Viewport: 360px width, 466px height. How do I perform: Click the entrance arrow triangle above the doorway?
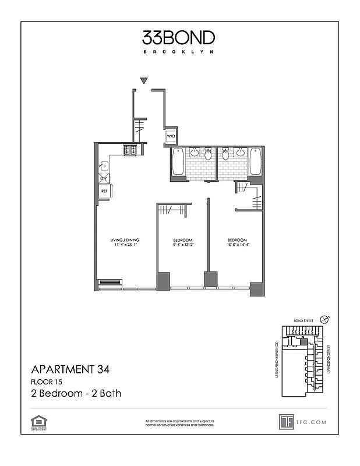point(144,80)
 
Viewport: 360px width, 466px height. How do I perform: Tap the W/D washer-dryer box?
point(171,137)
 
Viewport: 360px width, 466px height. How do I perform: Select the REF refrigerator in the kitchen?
point(104,190)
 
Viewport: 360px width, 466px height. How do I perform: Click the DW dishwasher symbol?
point(103,178)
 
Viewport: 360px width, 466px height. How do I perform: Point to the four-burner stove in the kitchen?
point(129,151)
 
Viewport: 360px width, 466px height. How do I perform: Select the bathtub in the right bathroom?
point(255,161)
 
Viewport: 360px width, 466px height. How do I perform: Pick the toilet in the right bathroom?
point(225,155)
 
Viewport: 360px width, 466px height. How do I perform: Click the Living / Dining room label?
point(124,241)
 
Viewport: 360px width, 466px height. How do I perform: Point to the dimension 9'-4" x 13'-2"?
point(182,246)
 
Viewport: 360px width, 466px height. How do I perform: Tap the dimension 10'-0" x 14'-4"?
point(237,246)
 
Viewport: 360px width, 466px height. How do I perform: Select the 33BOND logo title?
point(179,38)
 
